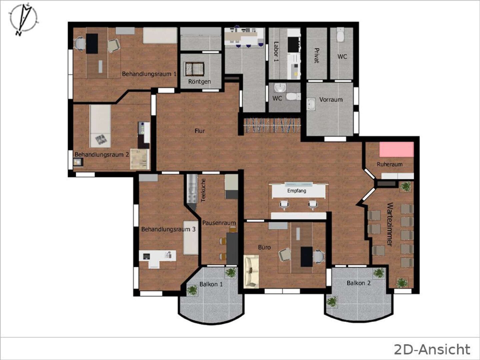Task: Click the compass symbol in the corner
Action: point(24,19)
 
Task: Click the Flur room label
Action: point(200,131)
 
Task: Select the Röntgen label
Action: point(199,82)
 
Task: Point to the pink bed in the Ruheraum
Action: point(396,149)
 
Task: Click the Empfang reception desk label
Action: point(297,191)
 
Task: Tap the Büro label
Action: point(264,247)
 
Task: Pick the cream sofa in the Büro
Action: point(251,271)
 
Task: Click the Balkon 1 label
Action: point(211,284)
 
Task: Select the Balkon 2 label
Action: point(359,283)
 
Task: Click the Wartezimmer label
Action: point(390,224)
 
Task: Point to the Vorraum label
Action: point(331,100)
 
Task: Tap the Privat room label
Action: point(317,56)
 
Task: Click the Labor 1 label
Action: point(276,51)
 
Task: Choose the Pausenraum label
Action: point(219,223)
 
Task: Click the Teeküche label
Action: point(203,190)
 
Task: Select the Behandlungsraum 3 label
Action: point(168,229)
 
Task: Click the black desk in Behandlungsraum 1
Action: point(92,43)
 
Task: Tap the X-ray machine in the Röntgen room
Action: point(194,69)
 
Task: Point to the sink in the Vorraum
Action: point(311,104)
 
